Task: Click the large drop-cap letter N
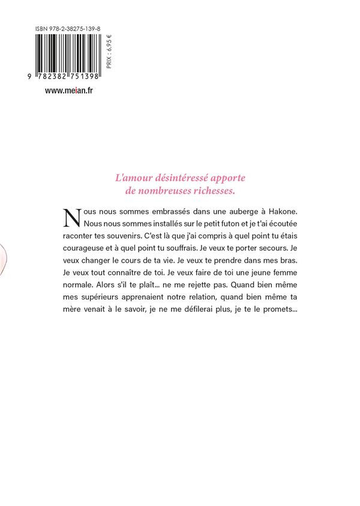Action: [71, 217]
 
